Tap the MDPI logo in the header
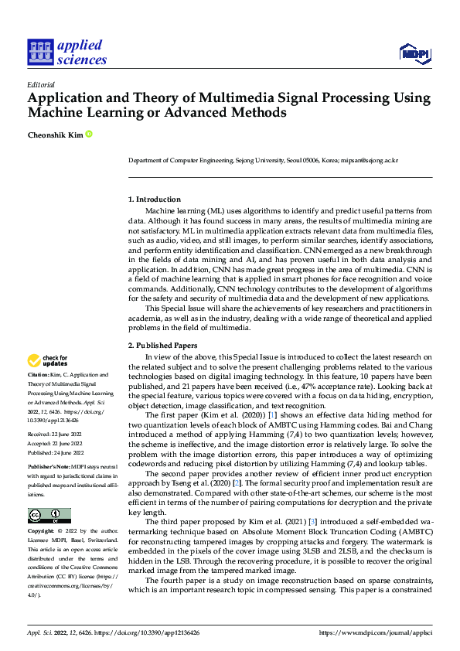[414, 53]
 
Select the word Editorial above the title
[40, 85]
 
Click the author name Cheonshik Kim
[55, 135]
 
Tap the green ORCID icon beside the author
[89, 135]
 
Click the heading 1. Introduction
[155, 199]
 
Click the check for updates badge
[48, 360]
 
